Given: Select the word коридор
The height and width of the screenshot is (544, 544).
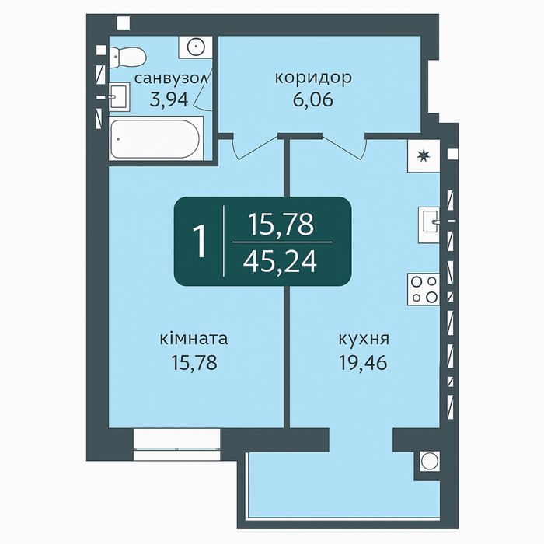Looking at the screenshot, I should coord(313,78).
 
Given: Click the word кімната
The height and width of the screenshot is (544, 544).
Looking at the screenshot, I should coord(194,340).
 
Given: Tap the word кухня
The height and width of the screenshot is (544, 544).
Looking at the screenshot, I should coord(364,340).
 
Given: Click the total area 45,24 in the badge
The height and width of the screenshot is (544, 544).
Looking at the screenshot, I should coord(280,262).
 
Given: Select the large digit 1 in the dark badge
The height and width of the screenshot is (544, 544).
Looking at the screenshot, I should coord(201,242).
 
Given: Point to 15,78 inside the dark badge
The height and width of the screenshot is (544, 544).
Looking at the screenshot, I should coord(281,225).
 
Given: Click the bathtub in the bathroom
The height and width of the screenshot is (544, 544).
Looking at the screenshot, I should coord(155,139).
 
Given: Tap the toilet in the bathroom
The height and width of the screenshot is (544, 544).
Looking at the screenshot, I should coord(125,55).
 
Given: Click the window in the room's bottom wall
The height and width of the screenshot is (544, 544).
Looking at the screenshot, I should coord(176,440).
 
